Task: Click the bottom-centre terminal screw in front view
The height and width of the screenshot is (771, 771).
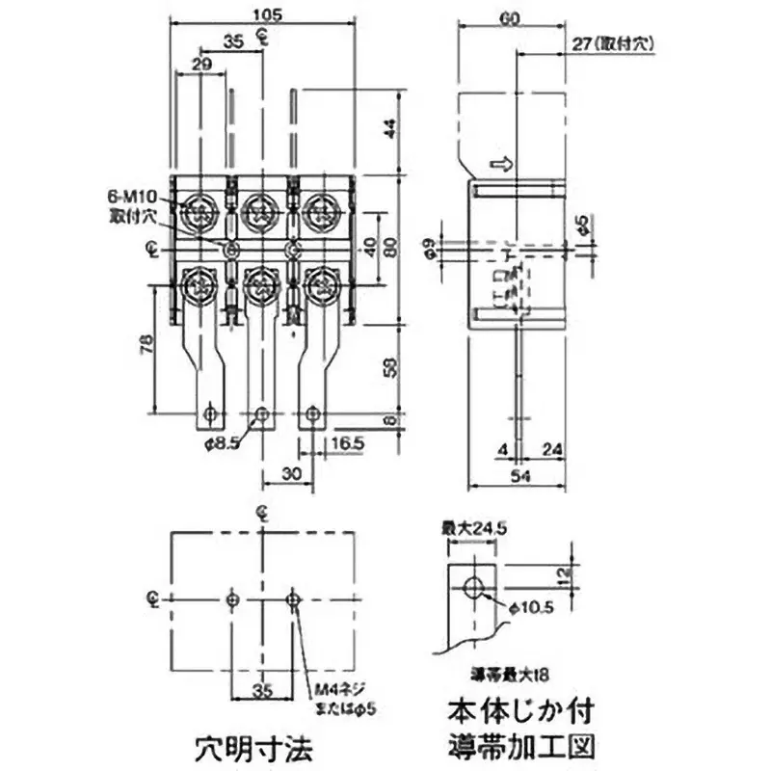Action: pos(261,284)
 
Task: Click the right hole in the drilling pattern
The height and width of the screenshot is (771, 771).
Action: pos(294,599)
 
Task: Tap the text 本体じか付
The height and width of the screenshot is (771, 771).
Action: pos(521,713)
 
